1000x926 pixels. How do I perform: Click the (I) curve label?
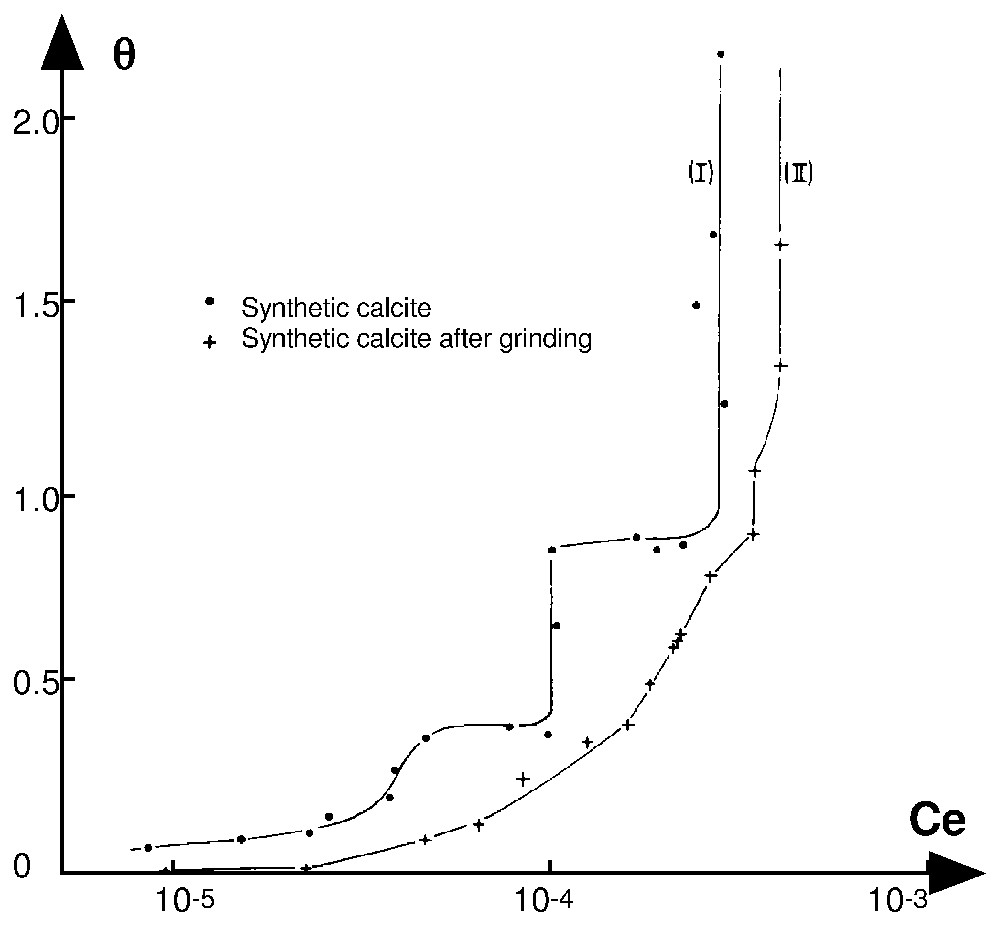click(700, 173)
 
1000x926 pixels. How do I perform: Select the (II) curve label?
click(797, 173)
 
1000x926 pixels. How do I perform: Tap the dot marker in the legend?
click(209, 301)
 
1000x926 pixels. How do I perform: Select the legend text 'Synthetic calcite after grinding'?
click(417, 340)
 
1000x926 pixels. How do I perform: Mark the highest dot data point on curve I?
click(720, 54)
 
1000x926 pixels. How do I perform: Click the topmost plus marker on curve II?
click(780, 245)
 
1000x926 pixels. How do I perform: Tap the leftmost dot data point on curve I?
click(148, 847)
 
